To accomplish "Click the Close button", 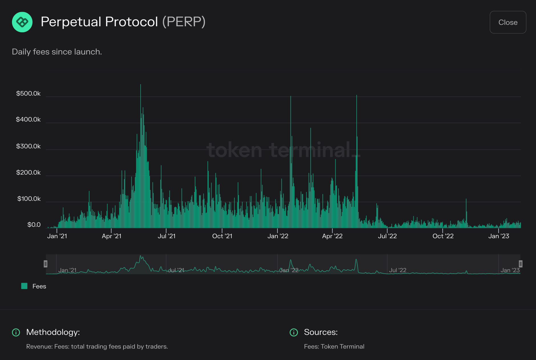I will coord(507,22).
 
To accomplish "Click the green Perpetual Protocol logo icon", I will coord(22,22).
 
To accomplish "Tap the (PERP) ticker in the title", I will coord(184,22).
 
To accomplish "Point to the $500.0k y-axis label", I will coord(28,94).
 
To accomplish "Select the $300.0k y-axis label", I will coord(28,146).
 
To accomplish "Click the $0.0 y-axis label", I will coord(34,225).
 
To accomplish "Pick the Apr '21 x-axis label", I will coord(111,236).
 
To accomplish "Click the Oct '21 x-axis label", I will coord(222,236).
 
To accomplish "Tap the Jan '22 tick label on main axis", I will coord(278,236).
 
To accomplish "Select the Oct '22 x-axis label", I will coord(443,236).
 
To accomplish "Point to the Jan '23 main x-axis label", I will coord(498,236).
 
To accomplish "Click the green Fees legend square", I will coord(24,286).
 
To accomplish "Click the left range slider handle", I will coord(46,264).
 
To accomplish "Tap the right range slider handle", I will coord(520,264).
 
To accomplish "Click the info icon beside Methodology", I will coord(16,332).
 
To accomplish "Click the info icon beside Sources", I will coord(294,332).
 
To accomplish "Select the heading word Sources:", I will coord(320,332).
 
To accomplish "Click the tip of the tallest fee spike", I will coord(140,85).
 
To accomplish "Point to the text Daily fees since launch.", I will coord(57,52).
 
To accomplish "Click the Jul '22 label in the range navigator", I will coord(397,270).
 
